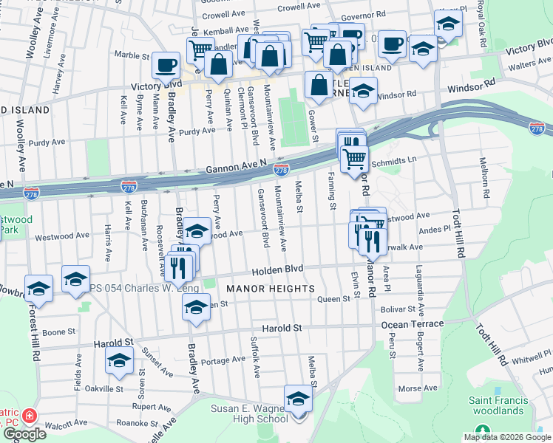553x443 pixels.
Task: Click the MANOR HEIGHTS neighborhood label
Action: click(x=270, y=288)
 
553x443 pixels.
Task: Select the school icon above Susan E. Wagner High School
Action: click(x=298, y=399)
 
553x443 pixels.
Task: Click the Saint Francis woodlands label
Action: click(x=498, y=405)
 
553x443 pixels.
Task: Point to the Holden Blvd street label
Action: click(x=277, y=271)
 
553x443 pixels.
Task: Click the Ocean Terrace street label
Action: click(x=413, y=324)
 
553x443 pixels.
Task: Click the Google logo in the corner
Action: click(x=24, y=433)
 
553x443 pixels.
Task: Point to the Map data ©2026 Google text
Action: click(x=506, y=437)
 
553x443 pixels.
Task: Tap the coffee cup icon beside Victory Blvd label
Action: click(x=166, y=65)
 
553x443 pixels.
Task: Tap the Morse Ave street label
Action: click(x=418, y=388)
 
